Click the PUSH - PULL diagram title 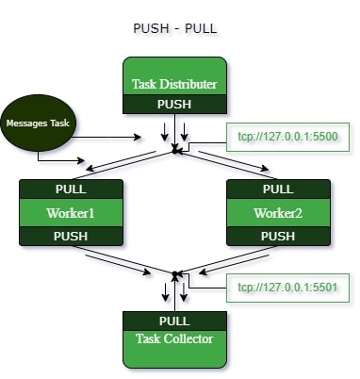coord(175,28)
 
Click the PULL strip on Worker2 coord(278,189)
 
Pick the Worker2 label coord(278,212)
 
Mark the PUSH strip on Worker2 coord(278,235)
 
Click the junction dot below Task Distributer coord(174,149)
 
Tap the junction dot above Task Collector coord(174,274)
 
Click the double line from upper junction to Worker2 coord(226,164)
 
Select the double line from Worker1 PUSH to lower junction coord(123,260)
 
